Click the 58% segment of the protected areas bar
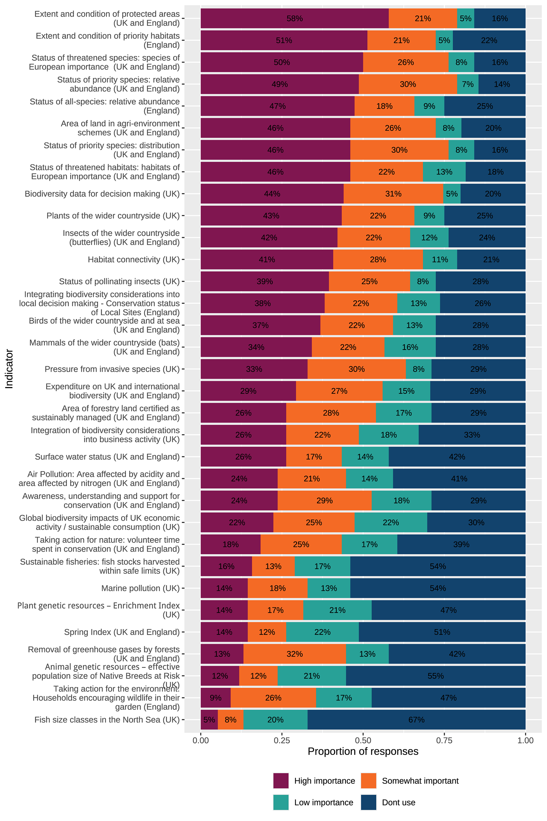point(294,18)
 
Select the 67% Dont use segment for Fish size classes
point(416,719)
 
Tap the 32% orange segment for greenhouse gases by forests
point(294,654)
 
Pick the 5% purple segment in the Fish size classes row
point(209,719)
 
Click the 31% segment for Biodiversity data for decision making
point(393,194)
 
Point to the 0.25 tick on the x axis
point(282,740)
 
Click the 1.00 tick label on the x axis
point(525,740)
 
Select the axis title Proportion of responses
point(363,751)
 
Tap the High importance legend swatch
point(281,781)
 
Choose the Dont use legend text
point(398,802)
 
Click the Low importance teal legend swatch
point(281,802)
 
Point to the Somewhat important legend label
point(420,781)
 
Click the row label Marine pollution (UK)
point(140,588)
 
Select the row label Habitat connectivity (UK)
point(134,259)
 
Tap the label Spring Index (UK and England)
point(122,632)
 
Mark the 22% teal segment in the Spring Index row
point(322,632)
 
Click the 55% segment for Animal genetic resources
point(435,676)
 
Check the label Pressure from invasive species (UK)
point(112,369)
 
